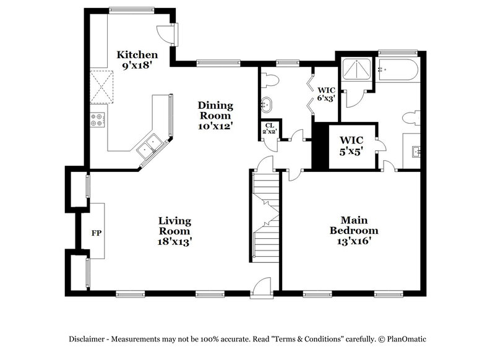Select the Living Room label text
click(x=174, y=231)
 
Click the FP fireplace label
click(x=97, y=233)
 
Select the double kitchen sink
click(x=148, y=147)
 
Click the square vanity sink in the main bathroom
click(x=414, y=150)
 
